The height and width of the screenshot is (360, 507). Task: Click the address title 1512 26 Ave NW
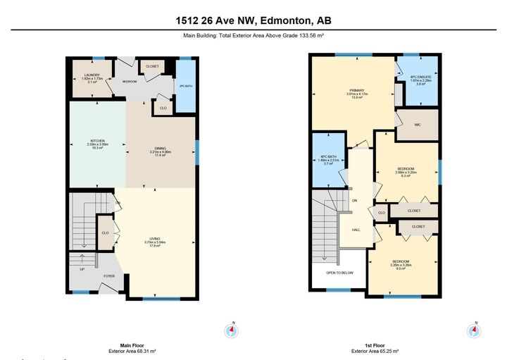pos(253,20)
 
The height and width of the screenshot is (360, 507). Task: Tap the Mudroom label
pos(129,82)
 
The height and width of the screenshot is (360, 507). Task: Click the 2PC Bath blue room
pos(186,86)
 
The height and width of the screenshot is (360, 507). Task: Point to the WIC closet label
pos(418,125)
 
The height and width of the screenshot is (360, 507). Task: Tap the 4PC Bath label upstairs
pos(329,159)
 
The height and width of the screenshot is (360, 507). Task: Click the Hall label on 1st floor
pos(356,229)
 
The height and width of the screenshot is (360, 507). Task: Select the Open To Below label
pos(339,273)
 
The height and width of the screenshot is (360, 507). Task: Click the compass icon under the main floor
pos(231,330)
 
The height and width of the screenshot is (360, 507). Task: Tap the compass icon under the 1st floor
pos(475,330)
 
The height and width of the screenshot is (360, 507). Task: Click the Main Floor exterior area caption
pos(132,348)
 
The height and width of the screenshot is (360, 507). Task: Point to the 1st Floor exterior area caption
pos(374,348)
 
